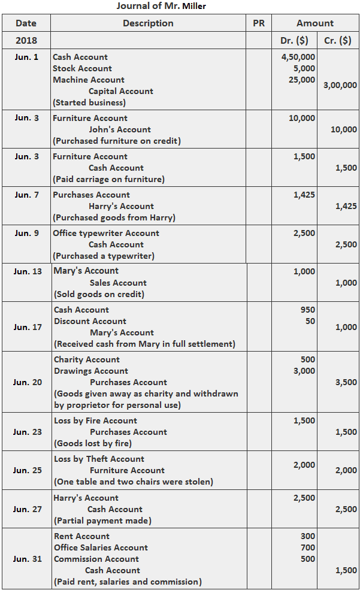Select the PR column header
[259, 23]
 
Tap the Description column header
[148, 23]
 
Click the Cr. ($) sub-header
[337, 41]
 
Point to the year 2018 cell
[26, 41]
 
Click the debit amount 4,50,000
[298, 57]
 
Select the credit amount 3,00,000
[340, 85]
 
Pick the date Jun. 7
[27, 195]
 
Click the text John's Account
[120, 129]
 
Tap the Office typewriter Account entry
[106, 233]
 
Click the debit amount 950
[307, 310]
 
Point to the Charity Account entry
[87, 359]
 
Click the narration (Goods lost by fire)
[93, 443]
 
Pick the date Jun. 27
[27, 509]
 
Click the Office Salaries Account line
[101, 547]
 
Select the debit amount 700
[307, 547]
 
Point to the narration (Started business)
[89, 102]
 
